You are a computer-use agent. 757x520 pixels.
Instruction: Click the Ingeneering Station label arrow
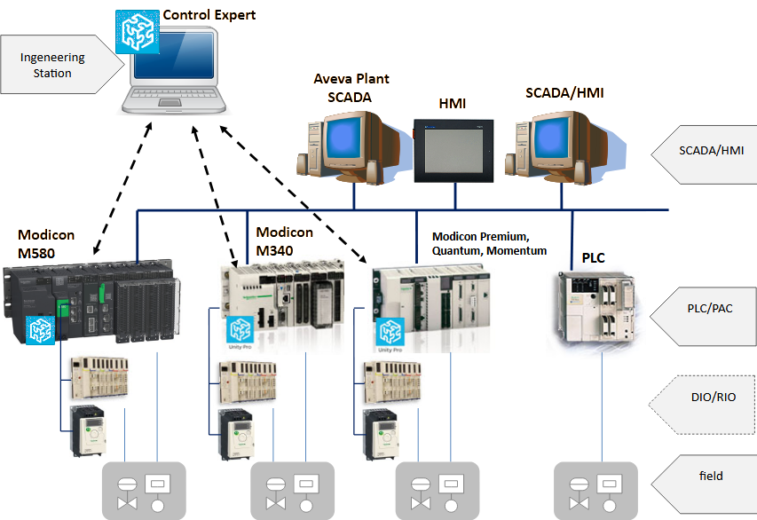[59, 65]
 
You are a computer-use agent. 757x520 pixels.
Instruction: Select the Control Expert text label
[208, 15]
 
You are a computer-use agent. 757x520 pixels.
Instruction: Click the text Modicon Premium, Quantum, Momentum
[493, 244]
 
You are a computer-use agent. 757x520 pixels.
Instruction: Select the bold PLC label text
[594, 258]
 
